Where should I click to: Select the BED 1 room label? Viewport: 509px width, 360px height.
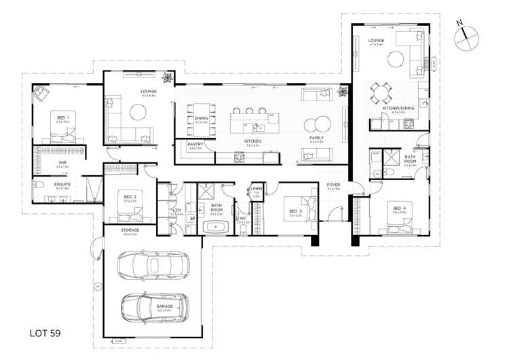(63, 118)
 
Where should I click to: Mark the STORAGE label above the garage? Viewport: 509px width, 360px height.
(130, 230)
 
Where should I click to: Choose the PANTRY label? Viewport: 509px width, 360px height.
(195, 144)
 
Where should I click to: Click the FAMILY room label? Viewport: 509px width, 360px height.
(316, 138)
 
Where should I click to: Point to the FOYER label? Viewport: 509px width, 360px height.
(333, 184)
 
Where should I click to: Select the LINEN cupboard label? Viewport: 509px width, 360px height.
(257, 189)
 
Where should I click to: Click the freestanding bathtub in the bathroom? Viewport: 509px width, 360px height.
(216, 227)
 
